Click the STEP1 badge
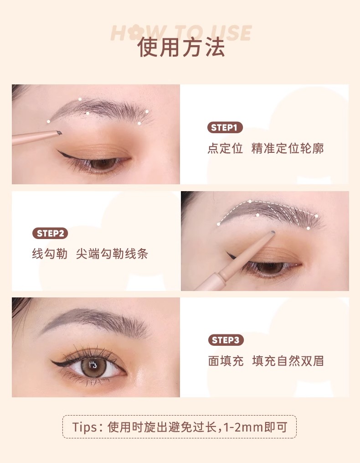[x=225, y=128]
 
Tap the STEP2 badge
[x=50, y=233]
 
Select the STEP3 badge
[x=226, y=340]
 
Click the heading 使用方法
[x=181, y=47]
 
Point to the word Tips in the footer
[x=83, y=427]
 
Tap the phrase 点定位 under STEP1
[x=225, y=148]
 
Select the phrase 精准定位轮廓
[x=288, y=148]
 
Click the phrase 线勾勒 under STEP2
[x=50, y=254]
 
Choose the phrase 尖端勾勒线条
[x=112, y=254]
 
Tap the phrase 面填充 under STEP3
[x=226, y=361]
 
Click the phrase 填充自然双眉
[x=288, y=361]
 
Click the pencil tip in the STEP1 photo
[x=60, y=133]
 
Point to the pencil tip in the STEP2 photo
[x=273, y=232]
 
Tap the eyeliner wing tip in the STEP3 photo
[x=51, y=361]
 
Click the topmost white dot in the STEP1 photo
[x=80, y=99]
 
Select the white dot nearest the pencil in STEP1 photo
[x=48, y=121]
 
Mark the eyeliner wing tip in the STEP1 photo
[x=58, y=151]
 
